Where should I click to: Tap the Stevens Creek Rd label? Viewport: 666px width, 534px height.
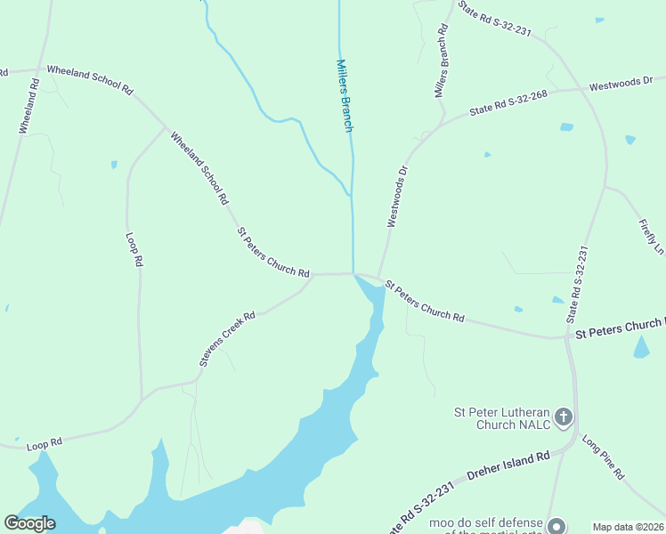227,339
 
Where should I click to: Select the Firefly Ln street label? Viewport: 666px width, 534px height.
651,232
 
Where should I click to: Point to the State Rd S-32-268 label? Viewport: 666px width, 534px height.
508,102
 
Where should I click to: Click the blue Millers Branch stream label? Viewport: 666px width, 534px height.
345,95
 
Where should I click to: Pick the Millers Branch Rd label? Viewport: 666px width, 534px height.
443,61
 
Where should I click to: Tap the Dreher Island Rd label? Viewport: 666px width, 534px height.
506,468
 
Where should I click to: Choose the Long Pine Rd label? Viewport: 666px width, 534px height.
603,457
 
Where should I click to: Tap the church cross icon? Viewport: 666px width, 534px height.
562,416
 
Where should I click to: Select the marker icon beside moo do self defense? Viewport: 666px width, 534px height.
556,526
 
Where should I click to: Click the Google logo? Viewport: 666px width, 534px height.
30,523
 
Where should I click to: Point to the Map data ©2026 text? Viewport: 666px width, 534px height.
628,527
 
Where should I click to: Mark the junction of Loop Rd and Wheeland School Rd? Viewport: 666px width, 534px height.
166,130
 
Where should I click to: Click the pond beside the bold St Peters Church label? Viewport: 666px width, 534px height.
641,348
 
